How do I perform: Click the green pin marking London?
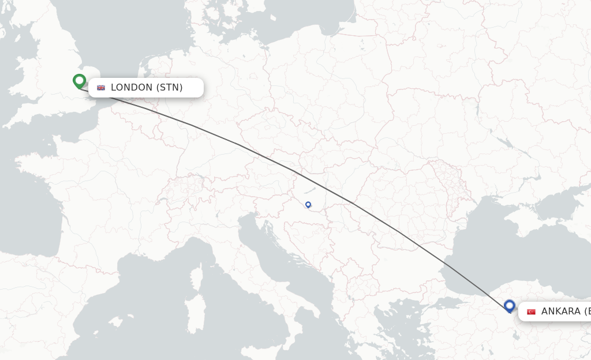click(79, 81)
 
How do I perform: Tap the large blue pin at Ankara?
click(509, 306)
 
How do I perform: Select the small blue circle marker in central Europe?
click(308, 204)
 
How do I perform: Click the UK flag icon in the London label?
click(101, 88)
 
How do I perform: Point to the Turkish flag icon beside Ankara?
click(531, 312)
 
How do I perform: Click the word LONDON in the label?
click(132, 88)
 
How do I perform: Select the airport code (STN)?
click(169, 88)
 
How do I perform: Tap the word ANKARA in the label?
click(560, 312)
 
